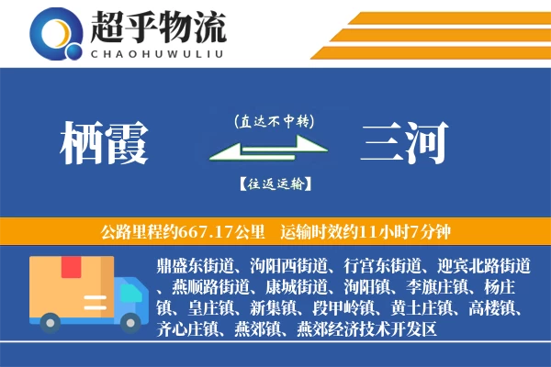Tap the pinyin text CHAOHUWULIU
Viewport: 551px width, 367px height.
[157, 52]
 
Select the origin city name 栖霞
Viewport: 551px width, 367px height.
[103, 145]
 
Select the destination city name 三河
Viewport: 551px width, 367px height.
[405, 145]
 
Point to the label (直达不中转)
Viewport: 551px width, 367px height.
[273, 119]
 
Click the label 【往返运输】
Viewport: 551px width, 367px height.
[274, 183]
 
